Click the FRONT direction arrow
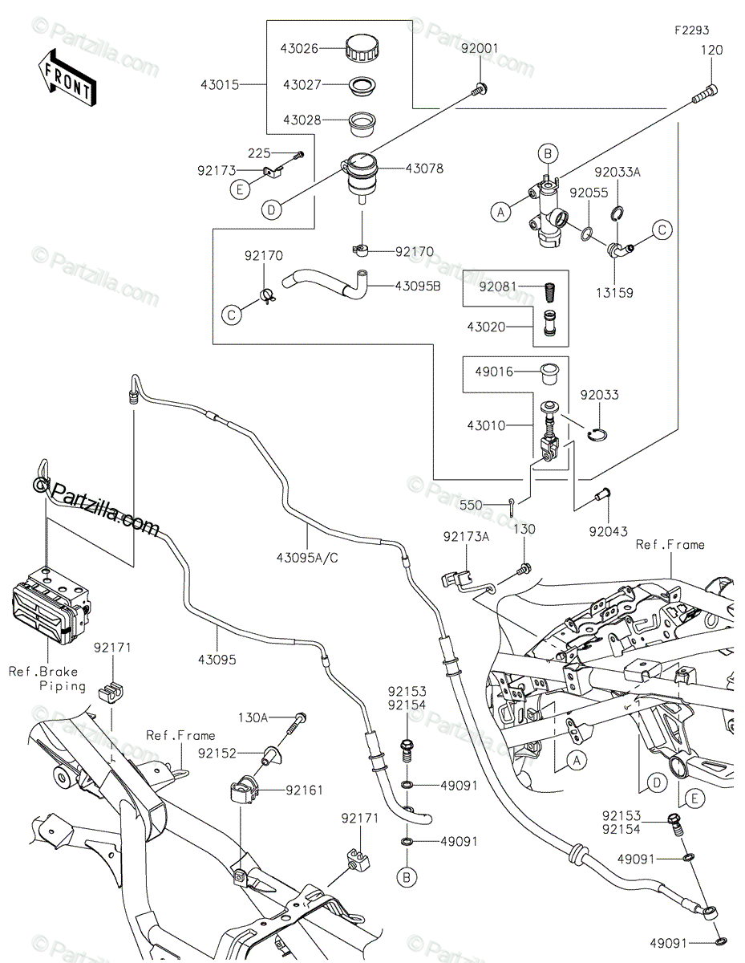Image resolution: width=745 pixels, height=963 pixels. tap(67, 76)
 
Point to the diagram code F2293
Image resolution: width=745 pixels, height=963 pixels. tap(690, 30)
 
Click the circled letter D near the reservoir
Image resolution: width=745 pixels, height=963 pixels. tap(273, 209)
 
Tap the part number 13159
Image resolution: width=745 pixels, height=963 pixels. tap(614, 293)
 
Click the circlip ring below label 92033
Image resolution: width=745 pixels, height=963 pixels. tap(597, 435)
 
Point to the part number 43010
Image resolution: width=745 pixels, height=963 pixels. tap(488, 425)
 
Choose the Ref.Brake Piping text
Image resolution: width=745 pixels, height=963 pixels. tap(47, 678)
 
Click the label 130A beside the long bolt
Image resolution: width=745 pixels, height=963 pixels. tap(253, 717)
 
